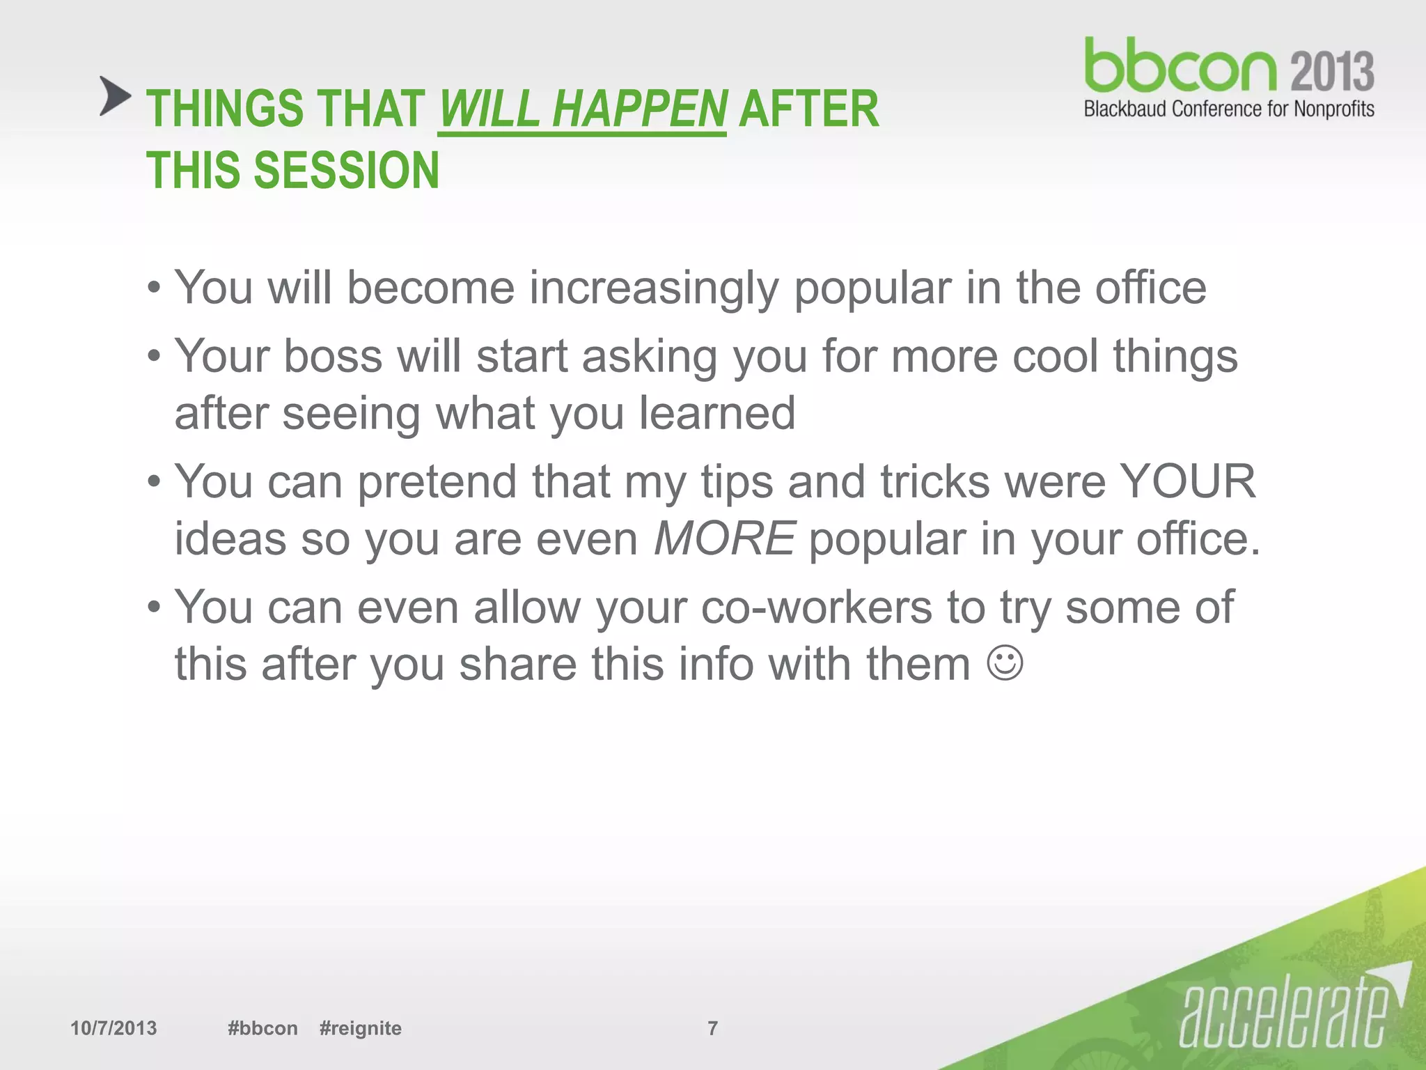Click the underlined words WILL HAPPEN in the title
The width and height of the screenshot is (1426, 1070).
tap(582, 110)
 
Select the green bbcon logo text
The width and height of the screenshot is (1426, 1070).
tap(1180, 67)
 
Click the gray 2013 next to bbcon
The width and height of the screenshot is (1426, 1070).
tap(1332, 72)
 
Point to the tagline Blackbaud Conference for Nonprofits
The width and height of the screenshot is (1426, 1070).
tap(1229, 109)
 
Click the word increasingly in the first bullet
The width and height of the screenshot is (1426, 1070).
tap(653, 288)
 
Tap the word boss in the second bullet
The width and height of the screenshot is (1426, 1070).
tap(333, 357)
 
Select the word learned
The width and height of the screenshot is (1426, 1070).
tap(717, 414)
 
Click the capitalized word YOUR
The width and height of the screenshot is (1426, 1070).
tap(1188, 482)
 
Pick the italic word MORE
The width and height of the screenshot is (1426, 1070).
tap(724, 539)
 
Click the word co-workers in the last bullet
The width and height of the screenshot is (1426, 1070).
tap(816, 607)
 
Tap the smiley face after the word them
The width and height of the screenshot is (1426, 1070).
tap(1005, 663)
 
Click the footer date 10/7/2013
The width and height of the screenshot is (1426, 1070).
tap(113, 1028)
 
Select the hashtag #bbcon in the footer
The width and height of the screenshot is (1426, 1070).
tap(263, 1028)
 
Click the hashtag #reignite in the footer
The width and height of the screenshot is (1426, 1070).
tap(360, 1028)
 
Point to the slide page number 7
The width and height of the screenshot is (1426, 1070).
tap(712, 1028)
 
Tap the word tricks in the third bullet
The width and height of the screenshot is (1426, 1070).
tap(934, 482)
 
